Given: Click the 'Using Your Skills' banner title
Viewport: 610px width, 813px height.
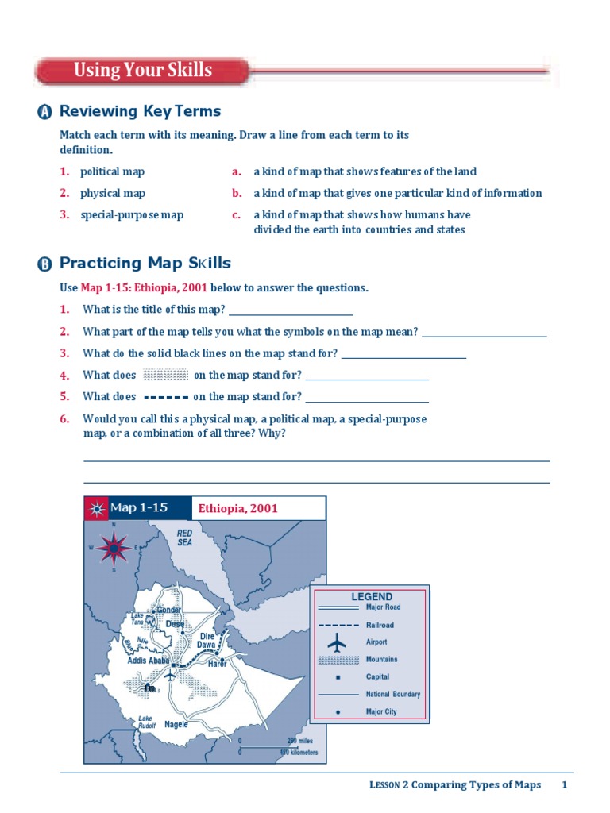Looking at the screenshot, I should (x=143, y=70).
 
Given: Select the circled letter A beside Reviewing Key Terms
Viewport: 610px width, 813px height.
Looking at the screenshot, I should (x=44, y=113).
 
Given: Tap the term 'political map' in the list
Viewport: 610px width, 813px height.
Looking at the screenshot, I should (x=112, y=171).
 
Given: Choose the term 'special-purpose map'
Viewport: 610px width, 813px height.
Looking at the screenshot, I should (x=132, y=214).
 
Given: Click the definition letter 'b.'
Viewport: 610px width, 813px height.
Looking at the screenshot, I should (x=237, y=193).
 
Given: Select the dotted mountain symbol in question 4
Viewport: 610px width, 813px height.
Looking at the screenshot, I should (x=165, y=375).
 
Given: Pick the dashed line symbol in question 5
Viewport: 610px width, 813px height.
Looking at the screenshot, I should (x=165, y=396).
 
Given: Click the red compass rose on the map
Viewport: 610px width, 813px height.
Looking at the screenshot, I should (x=114, y=547).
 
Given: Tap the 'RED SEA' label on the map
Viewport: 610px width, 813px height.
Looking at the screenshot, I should (x=184, y=538).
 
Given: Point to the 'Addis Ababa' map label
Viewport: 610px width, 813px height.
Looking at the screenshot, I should (x=149, y=661).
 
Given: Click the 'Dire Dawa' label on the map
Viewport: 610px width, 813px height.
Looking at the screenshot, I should (x=207, y=641).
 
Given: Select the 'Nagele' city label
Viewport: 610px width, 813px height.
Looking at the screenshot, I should (x=176, y=724).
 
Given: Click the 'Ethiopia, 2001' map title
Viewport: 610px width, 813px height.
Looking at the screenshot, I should (x=238, y=508).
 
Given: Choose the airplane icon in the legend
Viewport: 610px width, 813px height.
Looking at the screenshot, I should (x=338, y=642).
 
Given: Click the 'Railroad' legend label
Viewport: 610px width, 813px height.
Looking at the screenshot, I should (x=380, y=625).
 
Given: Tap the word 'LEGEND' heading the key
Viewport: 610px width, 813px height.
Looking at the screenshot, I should (x=372, y=597).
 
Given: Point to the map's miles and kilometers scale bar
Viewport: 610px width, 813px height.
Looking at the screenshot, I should (x=278, y=746).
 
